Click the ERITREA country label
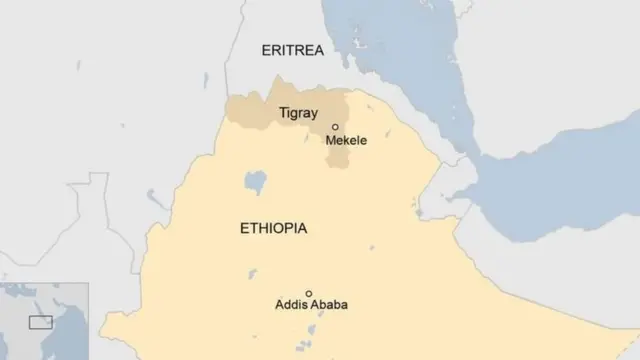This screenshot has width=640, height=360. point(292,51)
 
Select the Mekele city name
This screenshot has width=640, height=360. point(346,141)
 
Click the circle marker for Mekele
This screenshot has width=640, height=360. point(335,127)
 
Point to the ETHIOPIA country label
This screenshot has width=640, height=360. point(273,229)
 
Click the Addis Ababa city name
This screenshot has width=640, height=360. point(310,305)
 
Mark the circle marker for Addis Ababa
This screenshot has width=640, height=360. point(309,293)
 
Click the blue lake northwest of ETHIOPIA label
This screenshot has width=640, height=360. point(255,183)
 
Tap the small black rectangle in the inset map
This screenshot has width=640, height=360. point(40,322)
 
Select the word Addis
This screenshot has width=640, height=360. point(289,305)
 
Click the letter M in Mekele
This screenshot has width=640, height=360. point(331,141)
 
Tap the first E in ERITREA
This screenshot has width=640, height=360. point(265,51)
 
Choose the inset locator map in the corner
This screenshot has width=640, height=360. point(44,320)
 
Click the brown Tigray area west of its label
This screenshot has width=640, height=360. point(245,110)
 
